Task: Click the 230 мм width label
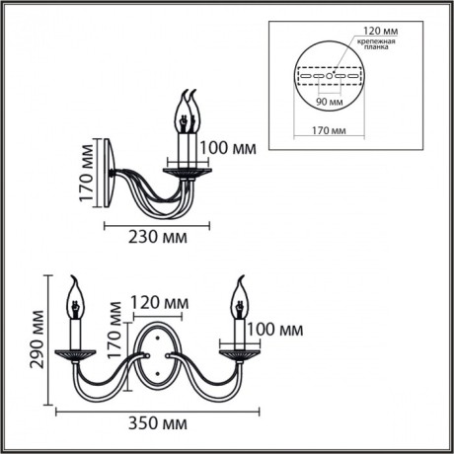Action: click(x=157, y=237)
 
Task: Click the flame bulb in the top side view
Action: click(x=186, y=111)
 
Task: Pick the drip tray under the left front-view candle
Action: click(x=73, y=351)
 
